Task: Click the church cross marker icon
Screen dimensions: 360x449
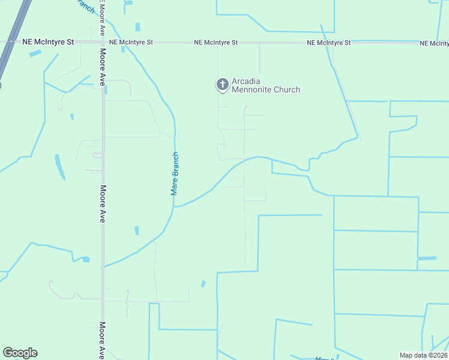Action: (x=222, y=85)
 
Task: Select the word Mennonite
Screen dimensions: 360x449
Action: (x=256, y=90)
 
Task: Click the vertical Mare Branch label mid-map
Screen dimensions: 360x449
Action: (x=175, y=173)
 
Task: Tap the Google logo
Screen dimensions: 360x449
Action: (x=20, y=353)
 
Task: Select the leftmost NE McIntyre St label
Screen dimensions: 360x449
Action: (x=48, y=43)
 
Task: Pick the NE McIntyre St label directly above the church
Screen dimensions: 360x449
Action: (x=216, y=43)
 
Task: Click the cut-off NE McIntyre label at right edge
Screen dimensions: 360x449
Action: (x=434, y=43)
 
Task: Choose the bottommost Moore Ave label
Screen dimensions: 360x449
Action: (x=103, y=340)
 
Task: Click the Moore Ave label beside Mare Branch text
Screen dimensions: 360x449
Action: (x=103, y=204)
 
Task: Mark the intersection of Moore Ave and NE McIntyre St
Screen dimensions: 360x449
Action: (x=103, y=43)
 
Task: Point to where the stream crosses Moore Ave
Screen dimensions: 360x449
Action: (x=103, y=266)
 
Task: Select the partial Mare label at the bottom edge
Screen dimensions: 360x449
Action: (x=325, y=358)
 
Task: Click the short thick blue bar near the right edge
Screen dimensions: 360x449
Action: (x=427, y=258)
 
